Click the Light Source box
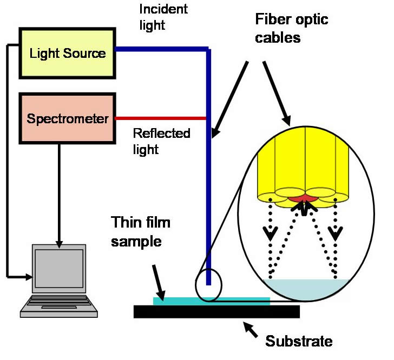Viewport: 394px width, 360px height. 68,52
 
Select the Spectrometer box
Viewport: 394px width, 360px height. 68,118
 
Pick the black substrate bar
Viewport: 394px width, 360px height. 216,312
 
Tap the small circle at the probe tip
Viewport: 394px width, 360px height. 208,284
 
